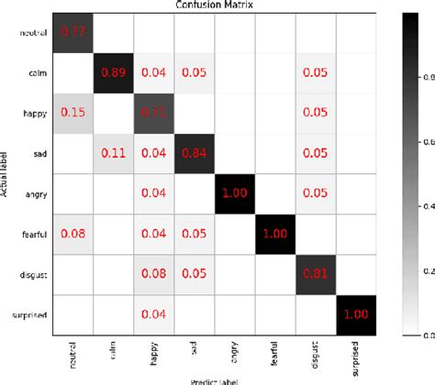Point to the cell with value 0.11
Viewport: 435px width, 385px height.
click(x=113, y=152)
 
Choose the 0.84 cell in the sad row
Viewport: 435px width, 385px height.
click(x=191, y=152)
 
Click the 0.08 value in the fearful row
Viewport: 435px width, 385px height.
click(x=73, y=232)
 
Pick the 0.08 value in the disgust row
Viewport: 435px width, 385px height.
click(x=151, y=271)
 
